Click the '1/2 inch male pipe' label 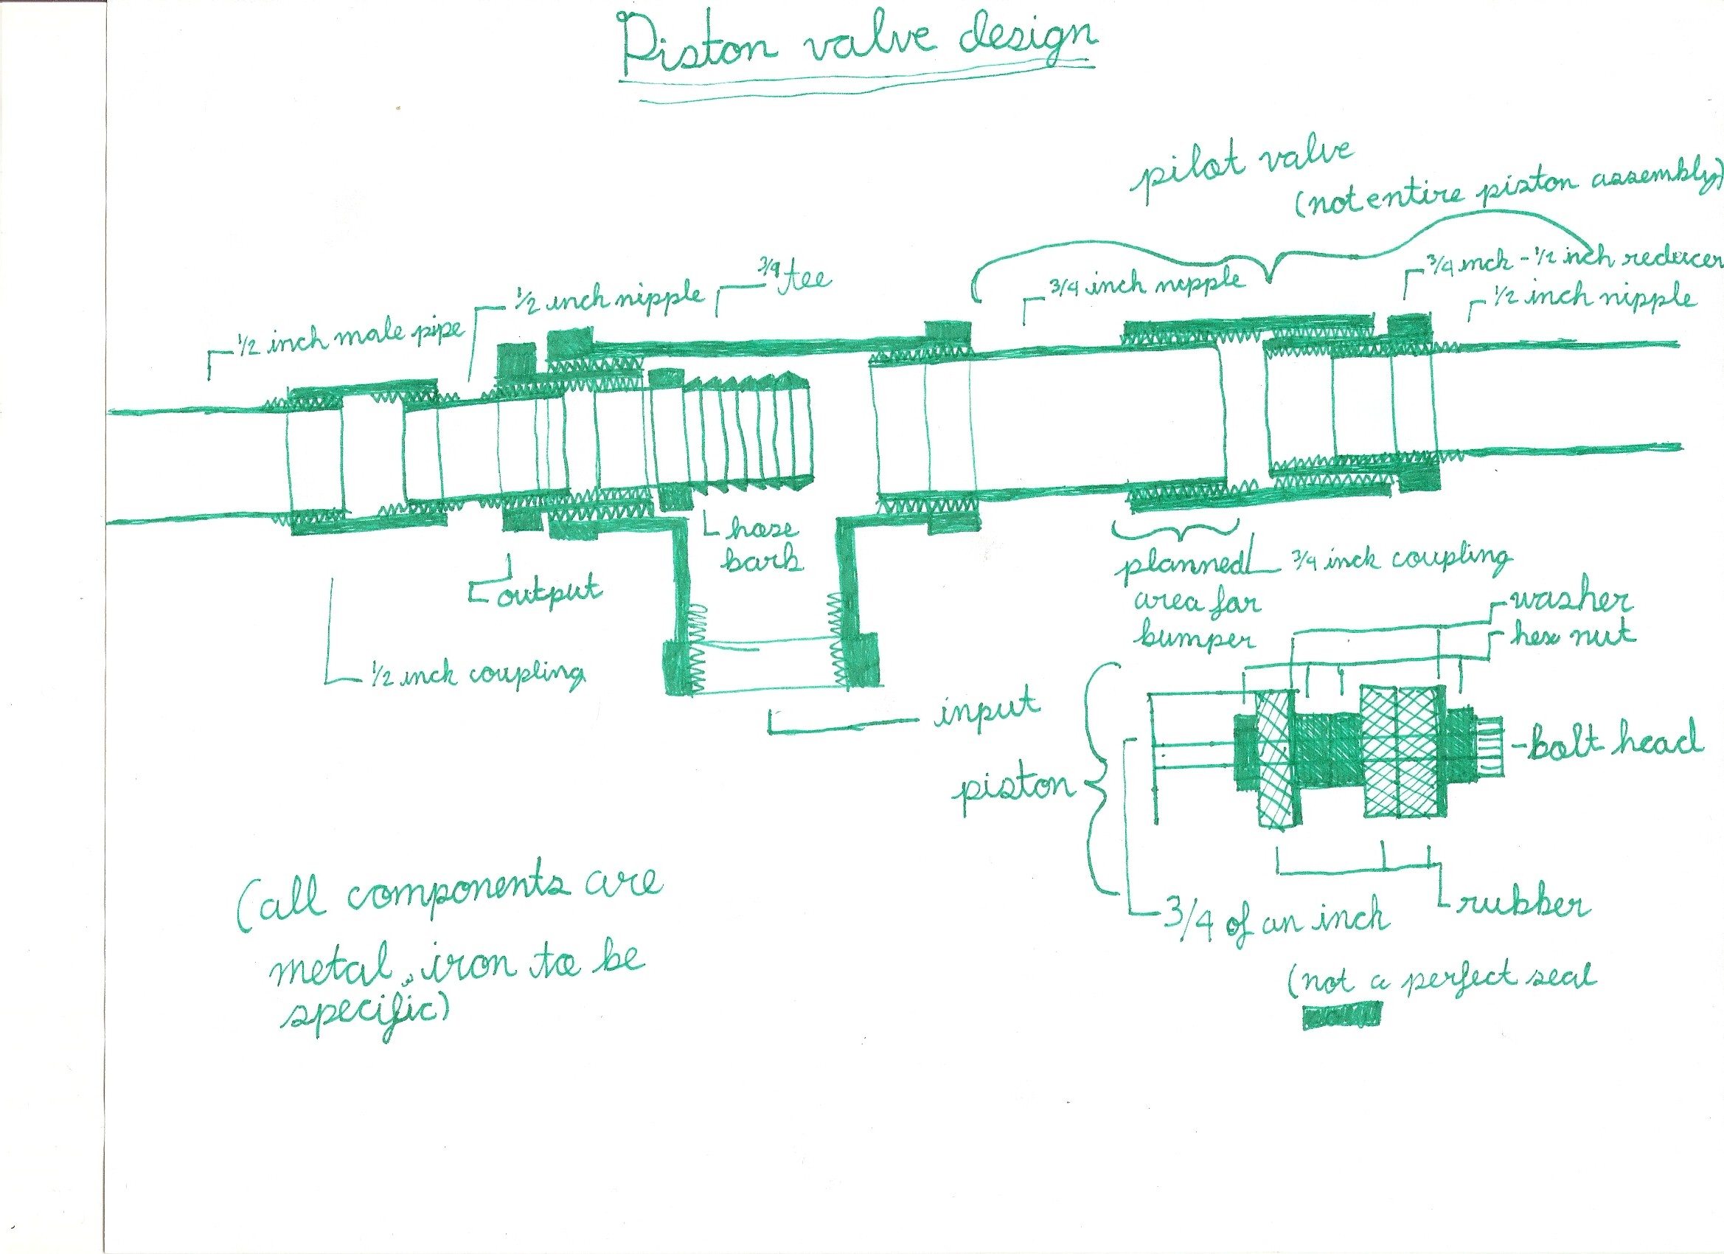350,339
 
